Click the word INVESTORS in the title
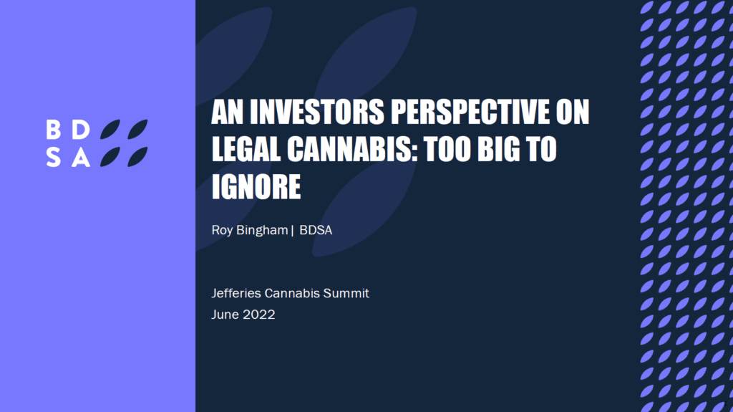316,112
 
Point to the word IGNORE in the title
256,187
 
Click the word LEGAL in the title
246,149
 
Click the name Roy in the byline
222,230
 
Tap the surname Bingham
262,230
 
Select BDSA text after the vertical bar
316,230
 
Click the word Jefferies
236,293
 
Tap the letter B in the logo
53,130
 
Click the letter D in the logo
81,130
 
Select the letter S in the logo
53,158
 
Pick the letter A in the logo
81,158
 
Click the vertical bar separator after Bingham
293,230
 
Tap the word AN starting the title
227,112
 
